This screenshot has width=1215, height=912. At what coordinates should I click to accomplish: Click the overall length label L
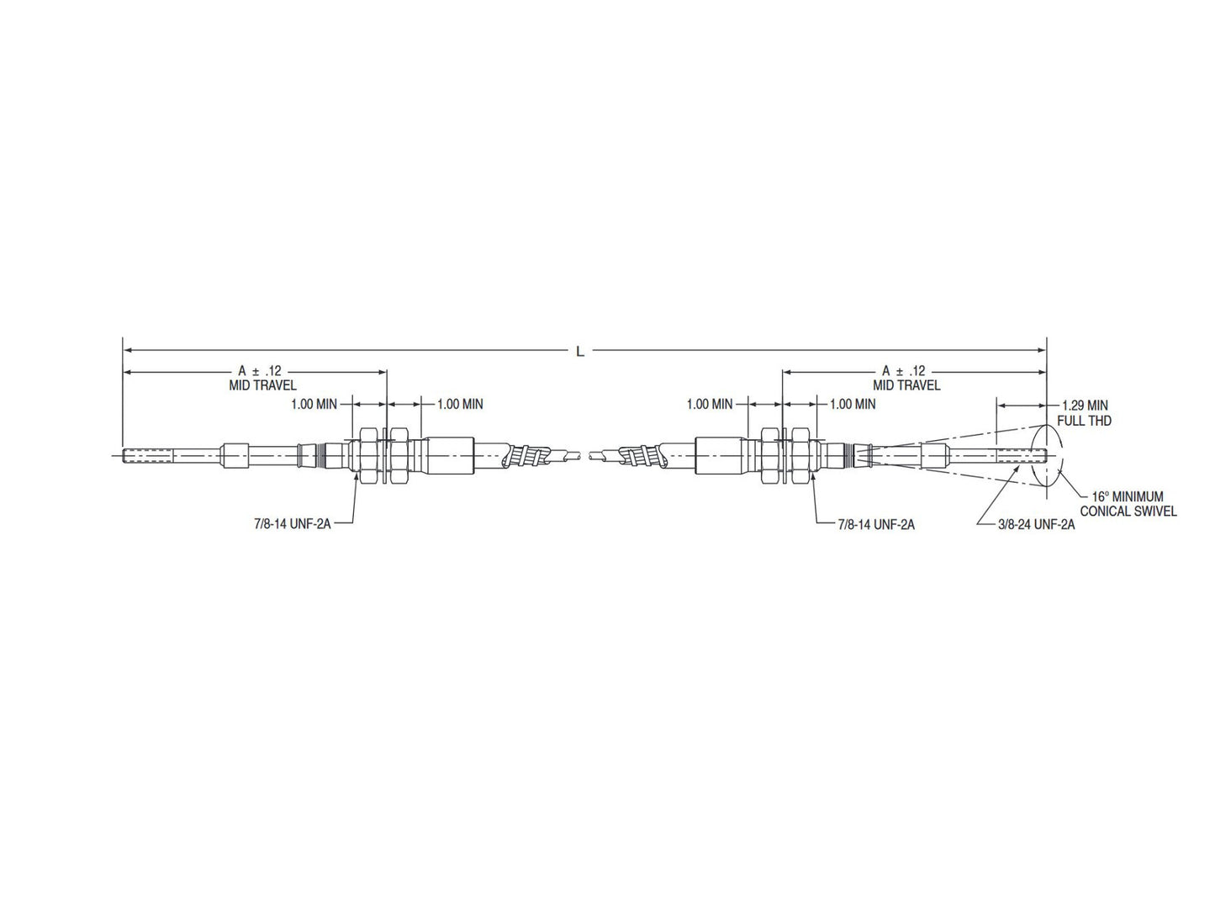(x=579, y=352)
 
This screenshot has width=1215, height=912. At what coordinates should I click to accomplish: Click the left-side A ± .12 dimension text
(x=259, y=370)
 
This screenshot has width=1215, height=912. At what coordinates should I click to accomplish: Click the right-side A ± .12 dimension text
(x=903, y=370)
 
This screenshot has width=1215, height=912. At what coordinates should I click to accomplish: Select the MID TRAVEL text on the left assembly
(x=262, y=385)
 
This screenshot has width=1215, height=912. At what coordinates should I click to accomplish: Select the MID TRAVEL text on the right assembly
(x=906, y=385)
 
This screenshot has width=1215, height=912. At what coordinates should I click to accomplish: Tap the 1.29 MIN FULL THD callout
(x=1085, y=411)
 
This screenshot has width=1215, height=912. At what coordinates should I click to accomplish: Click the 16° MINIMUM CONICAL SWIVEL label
(x=1128, y=505)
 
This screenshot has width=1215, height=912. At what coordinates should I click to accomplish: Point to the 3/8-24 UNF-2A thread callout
(x=1037, y=524)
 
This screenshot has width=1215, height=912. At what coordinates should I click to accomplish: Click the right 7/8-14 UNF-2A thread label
(x=876, y=524)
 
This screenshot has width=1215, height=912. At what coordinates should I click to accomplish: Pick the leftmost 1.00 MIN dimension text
(x=314, y=404)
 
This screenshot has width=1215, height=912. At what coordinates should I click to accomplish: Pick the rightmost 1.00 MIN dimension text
(x=853, y=404)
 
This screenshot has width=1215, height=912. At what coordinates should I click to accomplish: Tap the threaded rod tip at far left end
(x=139, y=457)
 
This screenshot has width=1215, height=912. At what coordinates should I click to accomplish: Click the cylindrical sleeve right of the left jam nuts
(x=451, y=456)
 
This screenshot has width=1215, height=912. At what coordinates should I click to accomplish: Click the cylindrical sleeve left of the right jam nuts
(x=720, y=456)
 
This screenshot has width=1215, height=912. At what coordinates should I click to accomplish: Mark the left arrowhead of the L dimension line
(x=126, y=349)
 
